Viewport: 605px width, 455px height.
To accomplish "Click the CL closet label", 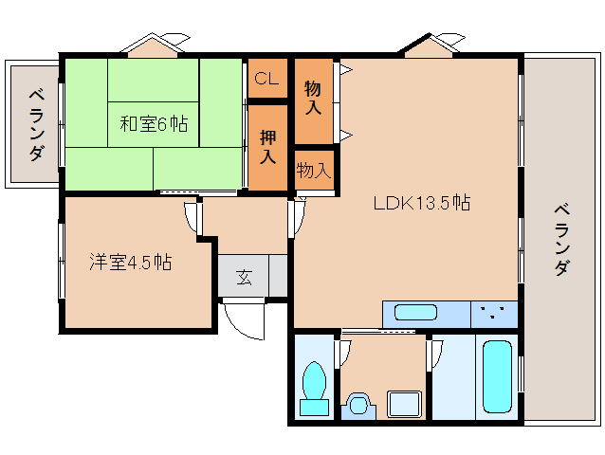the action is point(266,79).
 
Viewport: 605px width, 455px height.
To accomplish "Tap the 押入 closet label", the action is point(267,147).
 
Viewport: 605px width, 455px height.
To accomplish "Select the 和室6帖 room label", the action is point(154,124).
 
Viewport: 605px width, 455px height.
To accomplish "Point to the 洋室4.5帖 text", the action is point(131,262).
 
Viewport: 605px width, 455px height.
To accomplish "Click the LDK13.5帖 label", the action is point(422,203).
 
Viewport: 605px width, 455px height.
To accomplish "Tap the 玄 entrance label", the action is point(245,276).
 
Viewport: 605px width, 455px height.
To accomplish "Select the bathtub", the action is point(497,376).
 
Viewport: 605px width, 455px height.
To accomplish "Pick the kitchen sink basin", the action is point(416,313).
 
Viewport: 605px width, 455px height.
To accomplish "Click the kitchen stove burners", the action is point(492,313).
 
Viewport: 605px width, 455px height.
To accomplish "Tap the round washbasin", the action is point(358,405).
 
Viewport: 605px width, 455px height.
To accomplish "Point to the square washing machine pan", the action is point(404,404).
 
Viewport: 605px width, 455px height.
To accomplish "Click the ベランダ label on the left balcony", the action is point(36,124).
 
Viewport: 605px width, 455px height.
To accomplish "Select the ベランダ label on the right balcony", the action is point(561,240).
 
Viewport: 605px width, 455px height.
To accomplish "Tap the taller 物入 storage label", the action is point(313,98).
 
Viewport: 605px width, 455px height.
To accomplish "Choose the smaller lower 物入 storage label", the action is point(314,170).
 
